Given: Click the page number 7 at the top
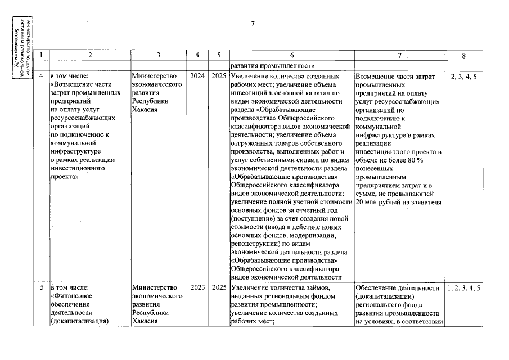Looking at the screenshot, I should (x=253, y=24).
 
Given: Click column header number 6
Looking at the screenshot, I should (x=292, y=55).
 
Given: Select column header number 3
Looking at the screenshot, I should (x=159, y=55).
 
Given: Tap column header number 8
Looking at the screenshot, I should (x=463, y=55).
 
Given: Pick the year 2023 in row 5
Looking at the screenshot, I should (x=197, y=287).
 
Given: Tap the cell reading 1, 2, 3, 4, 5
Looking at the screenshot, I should (x=463, y=287).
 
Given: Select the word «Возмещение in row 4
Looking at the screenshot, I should (x=73, y=84).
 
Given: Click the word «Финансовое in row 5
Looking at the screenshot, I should (x=72, y=296).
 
